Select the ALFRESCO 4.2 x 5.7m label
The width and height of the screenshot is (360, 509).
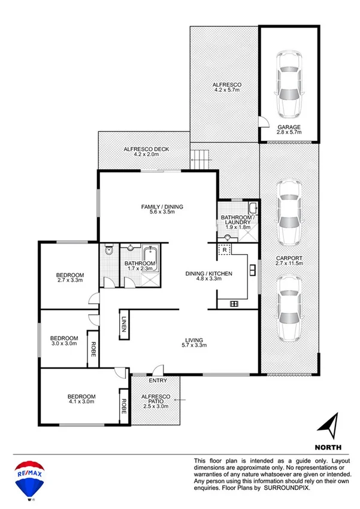point(227,89)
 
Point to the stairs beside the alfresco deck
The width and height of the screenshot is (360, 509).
point(201,159)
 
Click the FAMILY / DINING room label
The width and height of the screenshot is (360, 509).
point(162,210)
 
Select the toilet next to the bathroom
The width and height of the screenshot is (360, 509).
point(108,252)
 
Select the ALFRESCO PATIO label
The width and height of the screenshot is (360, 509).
point(155,400)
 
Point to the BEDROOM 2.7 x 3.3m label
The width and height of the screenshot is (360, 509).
point(69,278)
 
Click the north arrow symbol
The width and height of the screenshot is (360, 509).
point(328,426)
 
